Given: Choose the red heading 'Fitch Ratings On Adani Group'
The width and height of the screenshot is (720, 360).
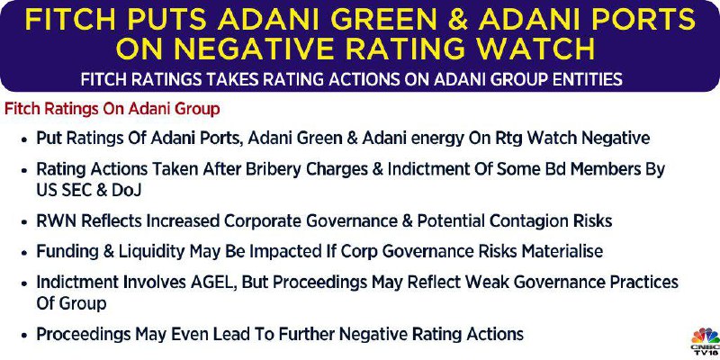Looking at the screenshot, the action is (x=112, y=110).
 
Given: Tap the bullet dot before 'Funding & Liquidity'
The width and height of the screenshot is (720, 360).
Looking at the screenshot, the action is (x=24, y=253).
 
